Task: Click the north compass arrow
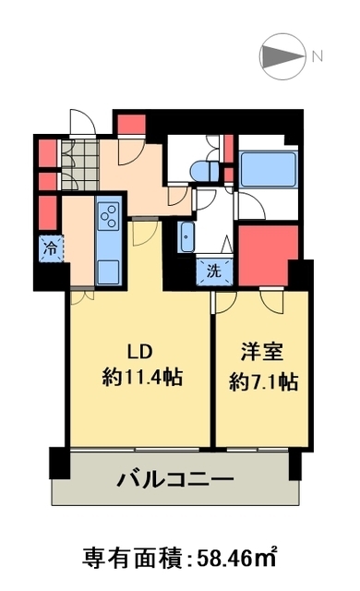(x=282, y=55)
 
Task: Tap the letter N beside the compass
(x=317, y=55)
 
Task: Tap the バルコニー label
(x=174, y=480)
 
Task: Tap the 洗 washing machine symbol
(x=213, y=271)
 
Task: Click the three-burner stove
(x=107, y=216)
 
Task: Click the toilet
(x=203, y=170)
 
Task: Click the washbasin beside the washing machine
(x=186, y=237)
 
